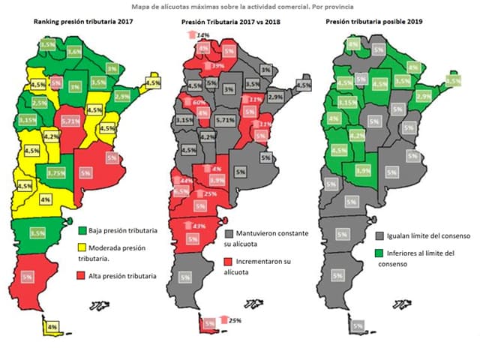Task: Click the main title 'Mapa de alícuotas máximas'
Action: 239,7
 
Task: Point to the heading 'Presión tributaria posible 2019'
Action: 374,23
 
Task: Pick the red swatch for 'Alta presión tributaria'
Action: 83,276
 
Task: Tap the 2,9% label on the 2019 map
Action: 423,97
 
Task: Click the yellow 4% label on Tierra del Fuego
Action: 52,327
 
